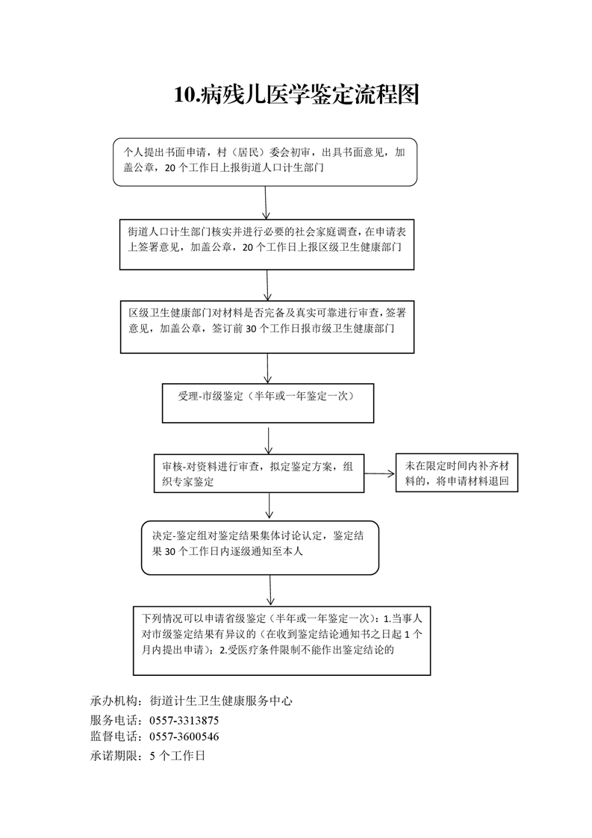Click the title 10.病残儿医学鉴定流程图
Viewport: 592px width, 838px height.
(x=296, y=95)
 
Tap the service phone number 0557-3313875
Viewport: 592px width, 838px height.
(x=184, y=721)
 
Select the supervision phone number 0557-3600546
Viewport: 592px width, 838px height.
(x=184, y=736)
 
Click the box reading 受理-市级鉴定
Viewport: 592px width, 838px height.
(x=268, y=403)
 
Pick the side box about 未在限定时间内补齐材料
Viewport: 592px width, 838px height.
(x=457, y=473)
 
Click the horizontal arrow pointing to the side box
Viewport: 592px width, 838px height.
(x=379, y=474)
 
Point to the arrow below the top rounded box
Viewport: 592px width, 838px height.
(x=266, y=202)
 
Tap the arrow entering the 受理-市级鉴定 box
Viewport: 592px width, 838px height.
(x=268, y=368)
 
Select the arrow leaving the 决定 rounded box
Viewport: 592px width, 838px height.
(x=270, y=590)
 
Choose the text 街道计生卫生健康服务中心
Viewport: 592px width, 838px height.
(x=221, y=701)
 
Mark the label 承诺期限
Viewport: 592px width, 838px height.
(x=110, y=756)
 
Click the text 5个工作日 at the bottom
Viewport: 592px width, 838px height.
(x=178, y=756)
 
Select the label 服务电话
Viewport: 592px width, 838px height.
(x=110, y=721)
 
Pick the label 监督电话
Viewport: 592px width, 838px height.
(x=110, y=736)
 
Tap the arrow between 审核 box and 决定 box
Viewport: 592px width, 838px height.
(x=269, y=506)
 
